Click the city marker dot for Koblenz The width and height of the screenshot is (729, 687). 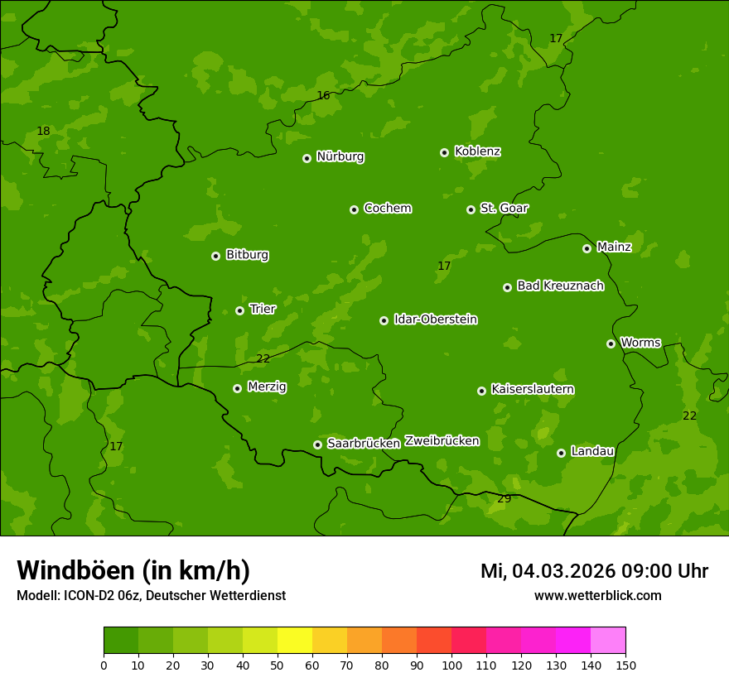tap(444, 152)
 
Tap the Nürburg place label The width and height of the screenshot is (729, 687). tap(340, 156)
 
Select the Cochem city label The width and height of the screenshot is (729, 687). tap(387, 208)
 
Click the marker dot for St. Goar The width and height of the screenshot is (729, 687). tap(471, 209)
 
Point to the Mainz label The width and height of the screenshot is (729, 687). tap(614, 247)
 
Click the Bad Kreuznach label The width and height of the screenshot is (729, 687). tap(560, 286)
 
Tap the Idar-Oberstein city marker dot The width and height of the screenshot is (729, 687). tap(384, 320)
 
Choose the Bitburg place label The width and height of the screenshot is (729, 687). tap(247, 255)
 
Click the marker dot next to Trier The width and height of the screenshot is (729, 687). tap(239, 310)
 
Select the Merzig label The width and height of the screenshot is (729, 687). tap(267, 387)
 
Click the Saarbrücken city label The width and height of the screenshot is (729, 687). tap(363, 443)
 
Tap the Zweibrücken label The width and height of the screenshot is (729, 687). tap(442, 441)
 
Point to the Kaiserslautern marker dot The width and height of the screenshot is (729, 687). tap(481, 391)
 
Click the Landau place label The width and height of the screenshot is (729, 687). tap(592, 451)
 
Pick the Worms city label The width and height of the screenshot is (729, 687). tap(640, 342)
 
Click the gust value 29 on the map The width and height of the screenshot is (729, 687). tap(504, 498)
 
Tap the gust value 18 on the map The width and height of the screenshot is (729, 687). tap(43, 131)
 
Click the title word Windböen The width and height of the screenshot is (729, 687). tap(75, 570)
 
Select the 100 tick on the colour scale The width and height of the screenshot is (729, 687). tap(451, 665)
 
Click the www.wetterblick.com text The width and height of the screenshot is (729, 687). tap(597, 596)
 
